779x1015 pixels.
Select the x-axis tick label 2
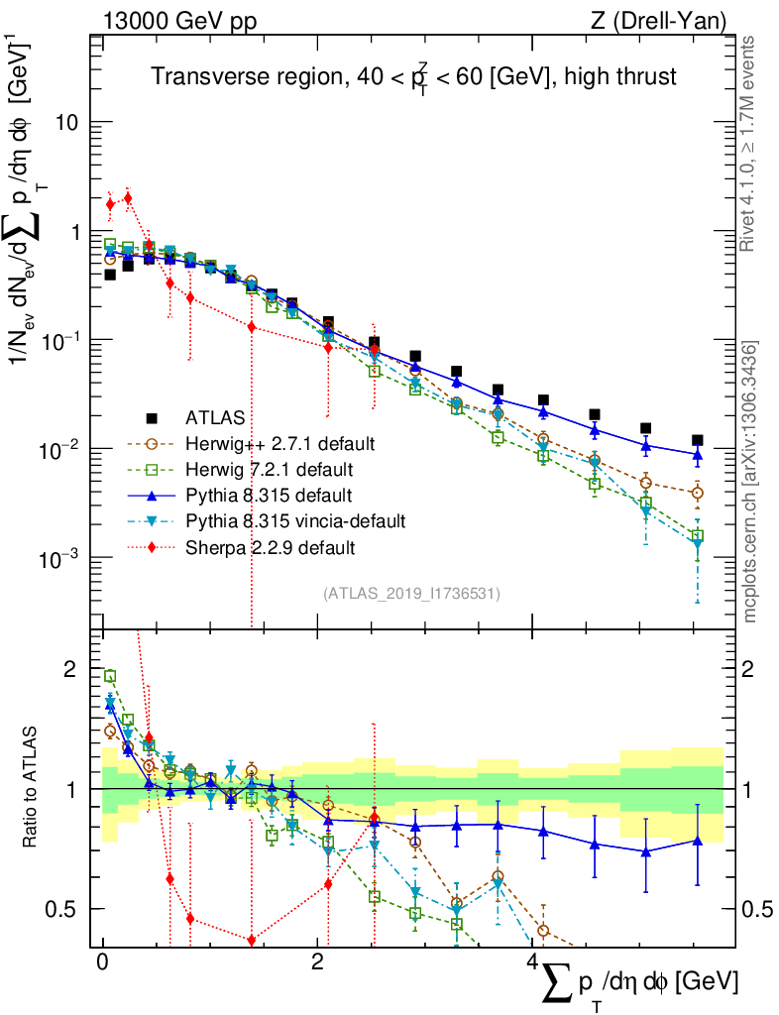pyautogui.click(x=316, y=962)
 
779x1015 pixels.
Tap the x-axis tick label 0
pyautogui.click(x=102, y=962)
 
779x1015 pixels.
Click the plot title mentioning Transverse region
pyautogui.click(x=413, y=77)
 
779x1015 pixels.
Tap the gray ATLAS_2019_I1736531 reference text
pyautogui.click(x=411, y=594)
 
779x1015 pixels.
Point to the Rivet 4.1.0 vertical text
pyautogui.click(x=750, y=144)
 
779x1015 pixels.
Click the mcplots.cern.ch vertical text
pyautogui.click(x=750, y=481)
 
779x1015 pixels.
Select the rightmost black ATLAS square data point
pyautogui.click(x=698, y=440)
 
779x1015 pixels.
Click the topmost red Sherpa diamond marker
pyautogui.click(x=128, y=197)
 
